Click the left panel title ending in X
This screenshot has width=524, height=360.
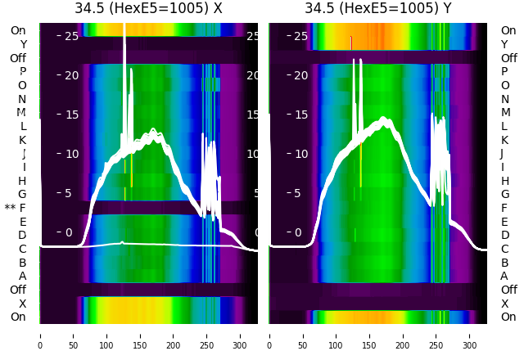click(148, 9)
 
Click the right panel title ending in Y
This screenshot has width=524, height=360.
click(378, 9)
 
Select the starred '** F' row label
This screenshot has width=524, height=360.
click(16, 208)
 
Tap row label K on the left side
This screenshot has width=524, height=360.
click(22, 140)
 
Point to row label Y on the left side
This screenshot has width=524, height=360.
click(23, 44)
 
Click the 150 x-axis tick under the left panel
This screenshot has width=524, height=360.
click(140, 335)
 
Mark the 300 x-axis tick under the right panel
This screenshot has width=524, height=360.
click(470, 335)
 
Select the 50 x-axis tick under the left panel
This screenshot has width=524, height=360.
click(73, 335)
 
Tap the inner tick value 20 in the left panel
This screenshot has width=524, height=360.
click(70, 75)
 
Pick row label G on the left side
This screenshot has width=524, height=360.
click(22, 194)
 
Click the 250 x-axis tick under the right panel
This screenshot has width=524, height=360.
click(436, 335)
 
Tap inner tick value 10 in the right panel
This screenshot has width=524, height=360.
click(300, 154)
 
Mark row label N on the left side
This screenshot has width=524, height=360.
click(22, 99)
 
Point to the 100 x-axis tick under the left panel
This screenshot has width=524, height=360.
click(106, 335)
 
